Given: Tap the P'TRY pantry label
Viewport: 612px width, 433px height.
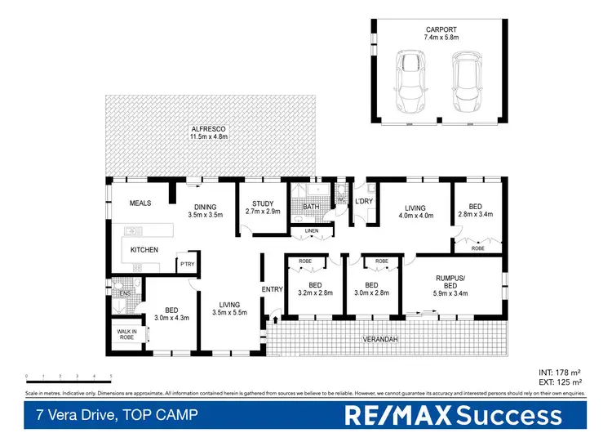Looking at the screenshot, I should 188,264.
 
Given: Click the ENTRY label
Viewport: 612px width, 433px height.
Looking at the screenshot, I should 272,289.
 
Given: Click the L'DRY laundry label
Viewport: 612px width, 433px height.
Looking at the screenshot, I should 363,201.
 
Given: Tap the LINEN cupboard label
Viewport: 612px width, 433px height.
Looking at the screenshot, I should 311,231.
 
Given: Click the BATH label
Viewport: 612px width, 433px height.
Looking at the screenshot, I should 311,208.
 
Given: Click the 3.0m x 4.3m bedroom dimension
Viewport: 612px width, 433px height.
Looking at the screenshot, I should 171,319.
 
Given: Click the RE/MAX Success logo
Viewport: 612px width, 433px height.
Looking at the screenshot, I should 454,415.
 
